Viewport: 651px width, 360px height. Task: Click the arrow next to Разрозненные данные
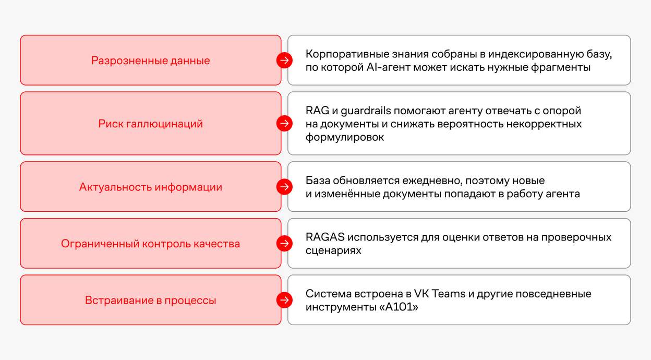coord(284,61)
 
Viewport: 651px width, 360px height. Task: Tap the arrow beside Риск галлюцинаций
coord(284,123)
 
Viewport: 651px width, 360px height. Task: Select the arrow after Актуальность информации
coord(284,187)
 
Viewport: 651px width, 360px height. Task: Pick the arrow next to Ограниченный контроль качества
coord(284,244)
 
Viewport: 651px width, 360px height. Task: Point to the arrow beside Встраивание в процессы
coord(284,300)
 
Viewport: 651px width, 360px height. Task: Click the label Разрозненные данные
coord(151,61)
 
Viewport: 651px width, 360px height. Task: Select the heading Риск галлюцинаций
coord(151,124)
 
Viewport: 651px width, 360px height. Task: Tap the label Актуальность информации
coord(151,187)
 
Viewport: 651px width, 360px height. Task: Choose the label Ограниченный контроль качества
coord(151,244)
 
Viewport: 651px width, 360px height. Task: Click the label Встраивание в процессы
coord(151,301)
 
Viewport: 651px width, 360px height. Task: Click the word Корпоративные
coord(347,54)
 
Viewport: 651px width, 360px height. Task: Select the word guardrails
coord(366,111)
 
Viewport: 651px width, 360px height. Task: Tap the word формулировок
coord(345,137)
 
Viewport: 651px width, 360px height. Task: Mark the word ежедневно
coord(432,181)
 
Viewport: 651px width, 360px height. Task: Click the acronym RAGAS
coord(325,237)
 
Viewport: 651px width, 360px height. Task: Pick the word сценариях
coord(333,250)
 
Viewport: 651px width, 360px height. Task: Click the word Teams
coord(449,294)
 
